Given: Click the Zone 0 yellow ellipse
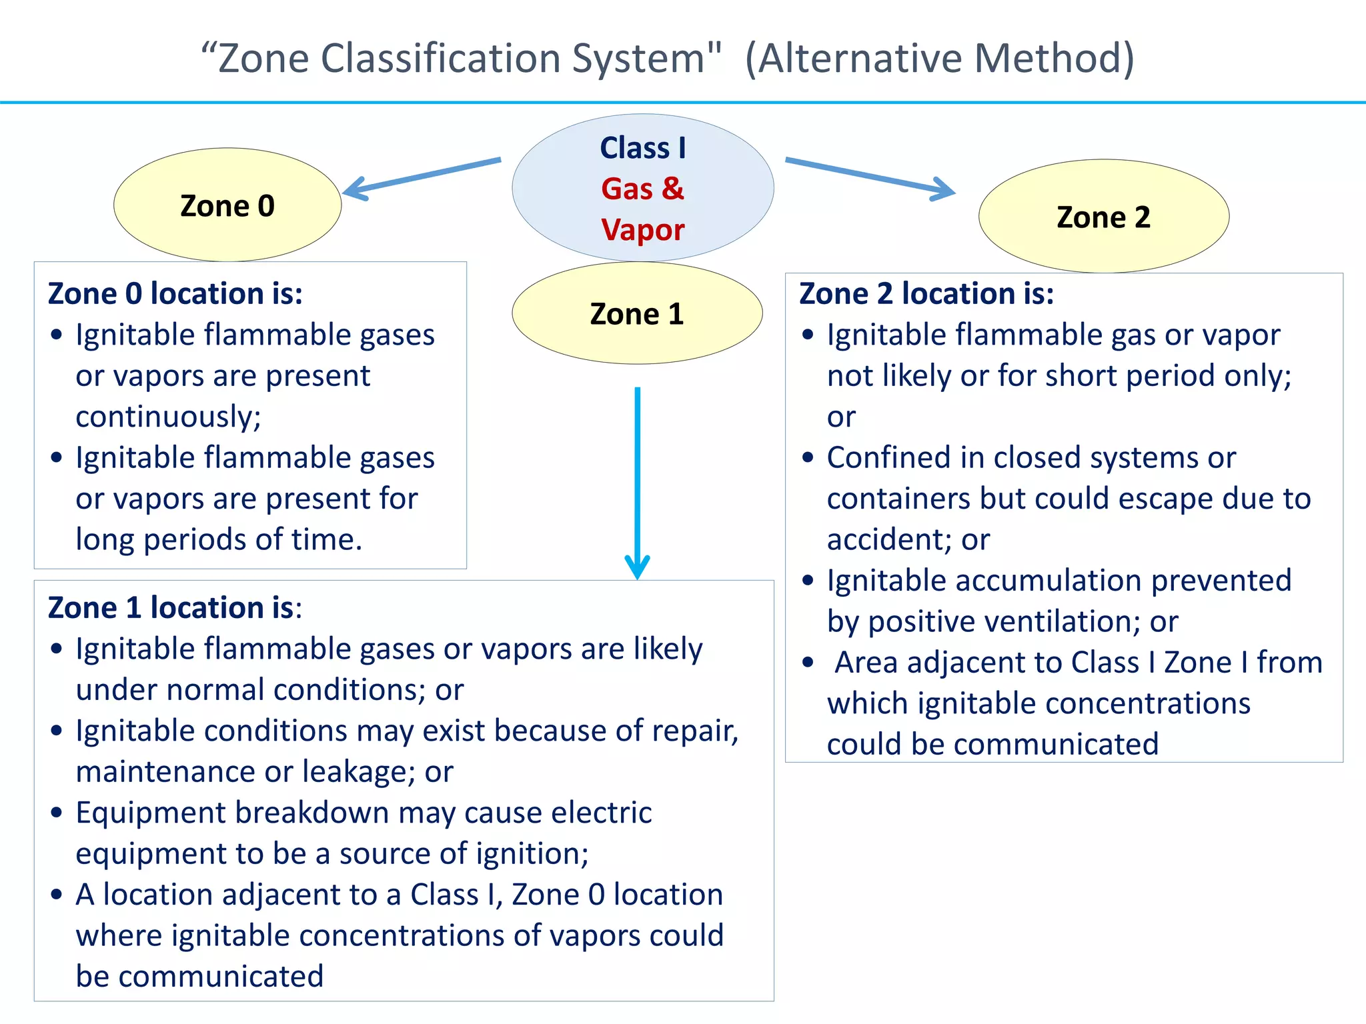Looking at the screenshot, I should tap(227, 205).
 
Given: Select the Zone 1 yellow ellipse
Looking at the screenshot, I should tap(637, 313).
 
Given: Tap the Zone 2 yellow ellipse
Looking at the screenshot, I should tap(1103, 217).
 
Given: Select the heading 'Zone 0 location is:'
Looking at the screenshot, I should tap(175, 293).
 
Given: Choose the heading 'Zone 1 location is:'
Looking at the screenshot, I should tap(175, 607).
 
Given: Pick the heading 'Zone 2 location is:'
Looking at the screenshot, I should tap(926, 293).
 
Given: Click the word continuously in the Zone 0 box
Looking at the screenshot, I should tap(168, 417).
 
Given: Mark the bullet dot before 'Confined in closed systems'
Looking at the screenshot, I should tap(808, 458).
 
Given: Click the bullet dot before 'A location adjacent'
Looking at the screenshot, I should tap(57, 895).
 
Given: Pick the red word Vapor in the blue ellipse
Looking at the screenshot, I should tap(642, 229).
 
